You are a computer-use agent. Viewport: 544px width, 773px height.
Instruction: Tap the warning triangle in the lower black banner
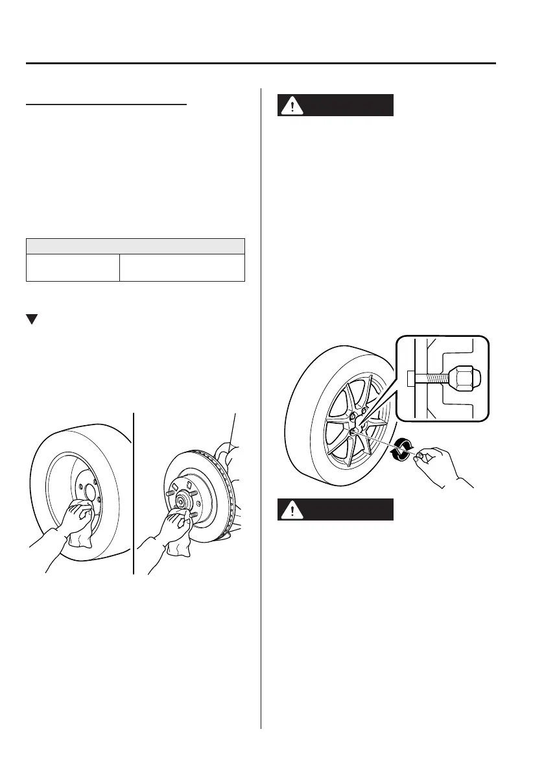point(292,510)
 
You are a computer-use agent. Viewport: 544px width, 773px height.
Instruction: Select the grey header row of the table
point(135,246)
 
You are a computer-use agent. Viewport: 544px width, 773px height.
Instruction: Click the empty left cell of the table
point(73,267)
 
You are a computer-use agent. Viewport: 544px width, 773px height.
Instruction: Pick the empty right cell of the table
point(182,267)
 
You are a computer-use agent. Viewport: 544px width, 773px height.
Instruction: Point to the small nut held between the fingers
point(422,457)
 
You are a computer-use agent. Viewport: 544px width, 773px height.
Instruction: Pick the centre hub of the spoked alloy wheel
point(354,432)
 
